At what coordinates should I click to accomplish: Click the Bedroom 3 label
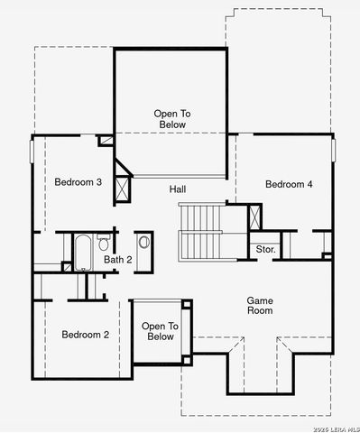(x=78, y=182)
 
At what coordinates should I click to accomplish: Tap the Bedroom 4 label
(x=289, y=184)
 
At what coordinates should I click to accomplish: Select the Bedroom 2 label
(x=85, y=335)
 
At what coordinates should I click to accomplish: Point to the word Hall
(x=178, y=189)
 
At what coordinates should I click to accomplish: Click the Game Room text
(x=260, y=305)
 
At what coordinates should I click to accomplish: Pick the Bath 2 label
(x=117, y=260)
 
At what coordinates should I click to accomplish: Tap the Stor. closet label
(x=265, y=248)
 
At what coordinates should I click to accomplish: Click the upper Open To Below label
(x=170, y=119)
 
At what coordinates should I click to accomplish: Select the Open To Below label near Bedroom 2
(x=160, y=331)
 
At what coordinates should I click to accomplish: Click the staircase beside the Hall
(x=200, y=230)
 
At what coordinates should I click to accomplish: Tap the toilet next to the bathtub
(x=105, y=244)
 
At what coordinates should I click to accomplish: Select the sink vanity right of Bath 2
(x=144, y=242)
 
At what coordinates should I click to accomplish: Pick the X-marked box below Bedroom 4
(x=255, y=217)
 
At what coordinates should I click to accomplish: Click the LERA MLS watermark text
(x=330, y=426)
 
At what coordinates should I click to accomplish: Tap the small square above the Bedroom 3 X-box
(x=106, y=140)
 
